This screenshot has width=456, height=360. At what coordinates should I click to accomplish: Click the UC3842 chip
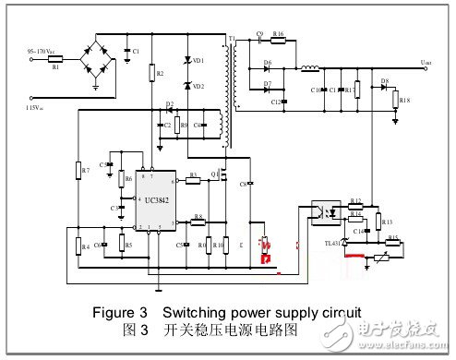[150, 199]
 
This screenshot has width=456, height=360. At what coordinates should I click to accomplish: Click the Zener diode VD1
[189, 60]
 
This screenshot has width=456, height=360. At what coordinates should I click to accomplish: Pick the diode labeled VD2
[189, 86]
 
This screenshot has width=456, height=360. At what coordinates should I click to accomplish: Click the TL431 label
[331, 244]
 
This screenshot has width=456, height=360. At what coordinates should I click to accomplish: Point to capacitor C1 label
[136, 50]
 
